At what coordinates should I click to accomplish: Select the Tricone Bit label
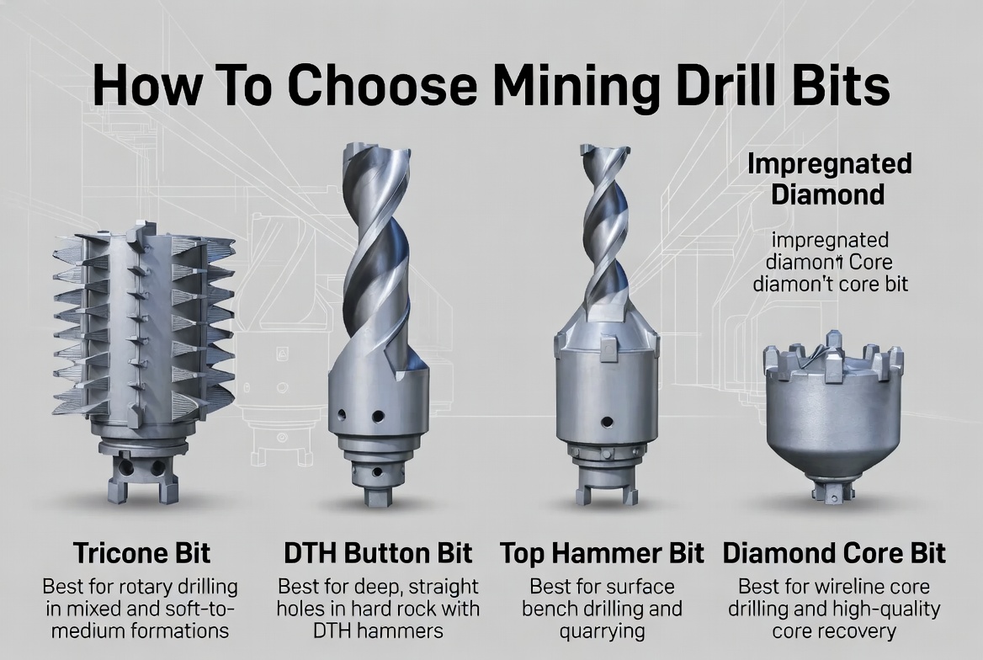pos(141,553)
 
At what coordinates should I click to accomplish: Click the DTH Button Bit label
pos(378,553)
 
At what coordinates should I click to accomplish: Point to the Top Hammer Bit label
pos(602,553)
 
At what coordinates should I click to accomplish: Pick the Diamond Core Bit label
pos(834,553)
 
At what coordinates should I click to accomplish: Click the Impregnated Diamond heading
pos(829,178)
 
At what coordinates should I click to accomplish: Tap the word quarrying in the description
pos(602,631)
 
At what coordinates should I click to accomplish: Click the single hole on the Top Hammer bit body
pos(603,421)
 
